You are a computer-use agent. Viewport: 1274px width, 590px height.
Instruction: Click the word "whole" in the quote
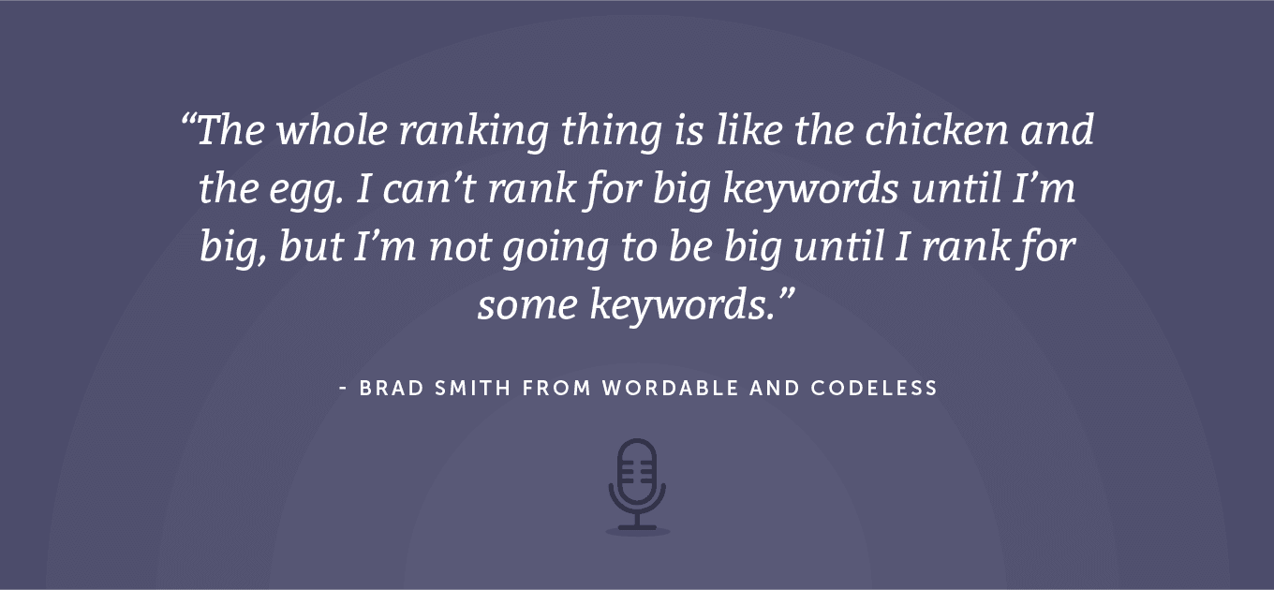(x=332, y=129)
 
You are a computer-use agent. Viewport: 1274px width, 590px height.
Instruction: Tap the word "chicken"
(x=936, y=129)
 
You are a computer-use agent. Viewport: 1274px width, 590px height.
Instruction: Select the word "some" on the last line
(x=527, y=304)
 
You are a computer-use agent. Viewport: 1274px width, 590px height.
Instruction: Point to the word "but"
(x=311, y=246)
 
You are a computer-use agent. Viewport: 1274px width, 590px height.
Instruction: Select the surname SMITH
(x=473, y=389)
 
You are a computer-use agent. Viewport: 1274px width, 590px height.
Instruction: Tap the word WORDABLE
(x=671, y=389)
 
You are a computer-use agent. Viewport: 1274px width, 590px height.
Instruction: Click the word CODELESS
(x=874, y=389)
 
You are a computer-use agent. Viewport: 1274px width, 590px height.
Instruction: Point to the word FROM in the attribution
(x=556, y=389)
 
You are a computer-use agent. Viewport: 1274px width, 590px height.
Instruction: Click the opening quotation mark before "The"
(x=188, y=120)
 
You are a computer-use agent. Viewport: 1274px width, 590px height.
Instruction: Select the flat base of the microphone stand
(x=637, y=528)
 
